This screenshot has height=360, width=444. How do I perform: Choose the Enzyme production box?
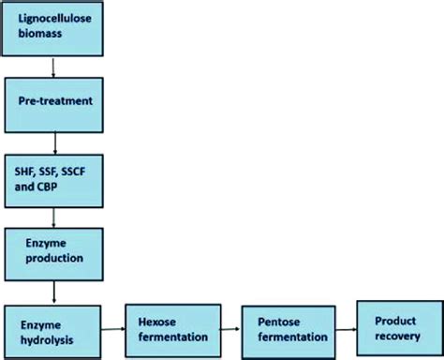coord(56,250)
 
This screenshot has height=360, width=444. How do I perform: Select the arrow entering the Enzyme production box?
coord(56,215)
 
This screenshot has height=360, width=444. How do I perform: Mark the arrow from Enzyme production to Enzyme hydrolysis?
coord(56,287)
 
